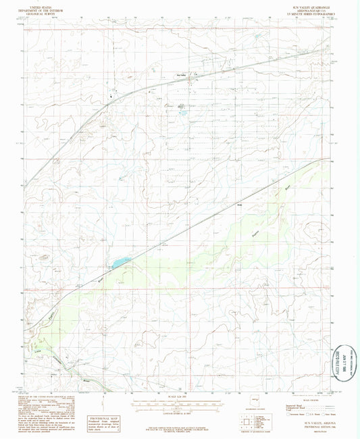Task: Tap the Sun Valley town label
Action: coord(180,74)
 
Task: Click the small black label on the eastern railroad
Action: coord(238,204)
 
